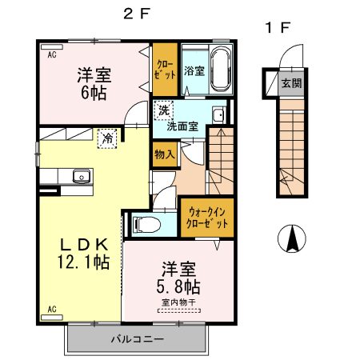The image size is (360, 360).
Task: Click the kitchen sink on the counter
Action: coord(81,177)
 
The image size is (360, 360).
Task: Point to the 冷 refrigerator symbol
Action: coord(106,138)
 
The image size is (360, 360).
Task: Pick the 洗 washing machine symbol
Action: coord(163,110)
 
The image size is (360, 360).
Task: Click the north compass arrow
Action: coord(294,238)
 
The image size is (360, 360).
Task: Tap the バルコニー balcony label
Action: coord(137,339)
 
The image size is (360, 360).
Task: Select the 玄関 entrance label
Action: coord(290,83)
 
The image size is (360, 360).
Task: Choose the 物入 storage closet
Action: coord(164,154)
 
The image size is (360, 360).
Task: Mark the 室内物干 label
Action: coord(178,302)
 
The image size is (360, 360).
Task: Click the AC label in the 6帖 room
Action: coord(50,55)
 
